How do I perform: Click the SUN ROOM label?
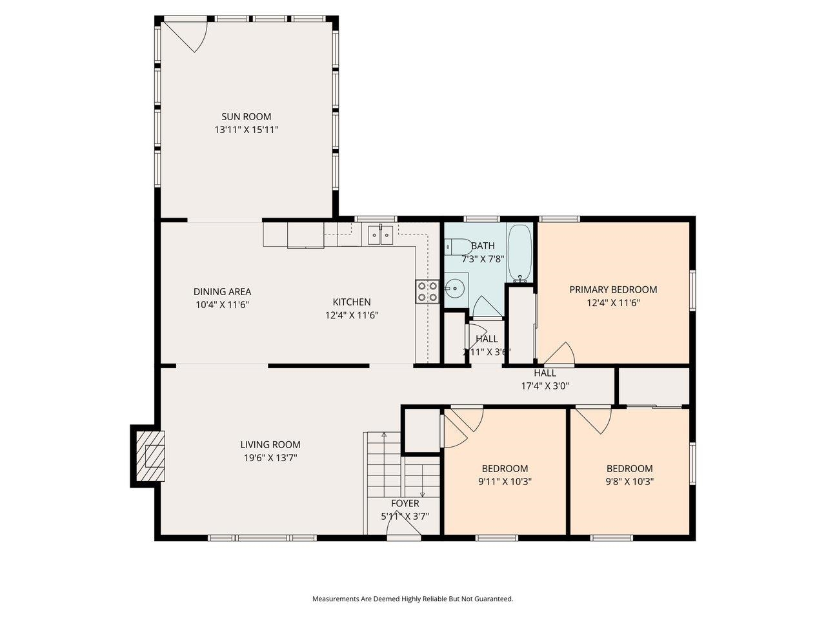[x=246, y=117]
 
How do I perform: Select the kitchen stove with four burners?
[x=427, y=291]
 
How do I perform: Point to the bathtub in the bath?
[x=519, y=253]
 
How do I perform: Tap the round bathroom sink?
[x=456, y=286]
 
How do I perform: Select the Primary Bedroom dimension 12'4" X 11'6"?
[x=613, y=302]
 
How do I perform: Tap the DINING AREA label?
[x=222, y=292]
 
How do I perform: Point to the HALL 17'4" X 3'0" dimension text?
[x=545, y=386]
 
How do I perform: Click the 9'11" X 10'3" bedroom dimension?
[x=505, y=481]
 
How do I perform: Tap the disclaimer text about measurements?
[x=412, y=599]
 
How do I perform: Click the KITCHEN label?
[x=351, y=302]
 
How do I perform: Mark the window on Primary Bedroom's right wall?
[x=692, y=291]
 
